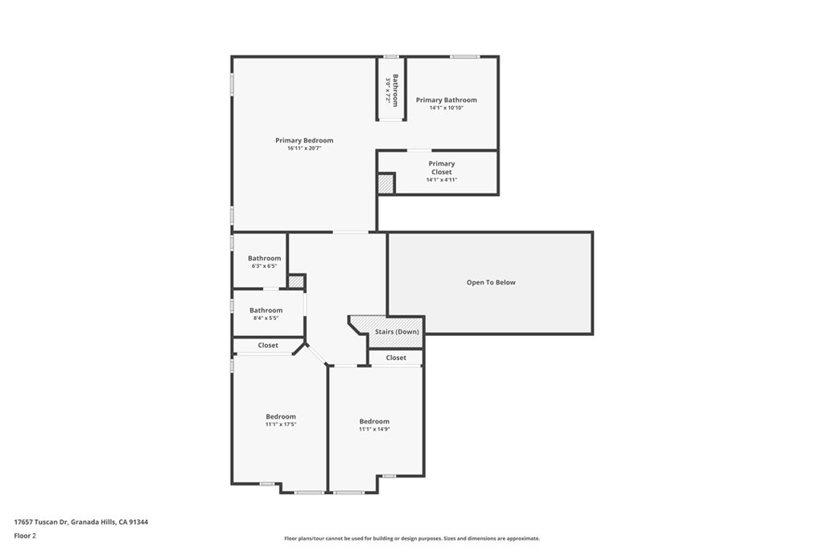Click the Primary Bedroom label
tap(304, 140)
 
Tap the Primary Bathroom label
tap(447, 100)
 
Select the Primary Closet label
tap(442, 167)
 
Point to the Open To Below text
tap(491, 282)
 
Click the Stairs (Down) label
tap(397, 332)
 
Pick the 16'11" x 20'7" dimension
tap(304, 149)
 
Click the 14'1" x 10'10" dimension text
tap(447, 109)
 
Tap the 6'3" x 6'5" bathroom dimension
tap(264, 266)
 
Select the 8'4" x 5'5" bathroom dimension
tap(266, 318)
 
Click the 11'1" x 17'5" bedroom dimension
tap(281, 424)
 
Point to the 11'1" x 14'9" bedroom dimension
tap(374, 428)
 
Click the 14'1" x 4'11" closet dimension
tap(442, 180)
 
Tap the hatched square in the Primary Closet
tap(386, 184)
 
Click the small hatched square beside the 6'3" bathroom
tap(296, 282)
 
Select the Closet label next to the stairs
tap(396, 358)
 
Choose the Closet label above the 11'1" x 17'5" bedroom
tap(268, 346)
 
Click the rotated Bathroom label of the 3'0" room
tap(396, 90)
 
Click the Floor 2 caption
tap(25, 536)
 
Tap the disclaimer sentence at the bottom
tap(412, 538)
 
